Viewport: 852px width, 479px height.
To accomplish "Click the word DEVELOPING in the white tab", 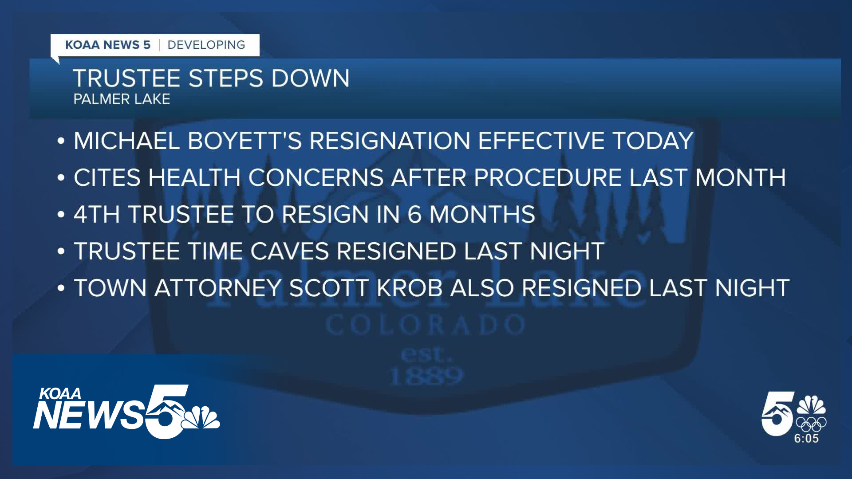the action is click(206, 45).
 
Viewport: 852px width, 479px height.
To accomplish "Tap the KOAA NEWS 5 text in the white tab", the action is click(108, 45).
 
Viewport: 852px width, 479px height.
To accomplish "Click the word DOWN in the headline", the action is click(310, 78).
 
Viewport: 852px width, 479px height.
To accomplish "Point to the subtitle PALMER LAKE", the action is click(122, 99).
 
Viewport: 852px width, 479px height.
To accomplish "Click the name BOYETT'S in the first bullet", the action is click(245, 141).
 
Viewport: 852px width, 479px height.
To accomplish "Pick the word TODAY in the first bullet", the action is click(652, 141).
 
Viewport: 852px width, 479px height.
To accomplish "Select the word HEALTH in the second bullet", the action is click(194, 178).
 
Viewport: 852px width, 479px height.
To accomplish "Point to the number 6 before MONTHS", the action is click(414, 215).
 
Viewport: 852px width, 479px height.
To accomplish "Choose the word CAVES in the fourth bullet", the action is click(289, 251).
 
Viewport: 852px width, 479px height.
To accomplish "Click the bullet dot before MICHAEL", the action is click(61, 141).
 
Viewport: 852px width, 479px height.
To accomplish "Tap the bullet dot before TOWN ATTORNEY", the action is click(61, 289).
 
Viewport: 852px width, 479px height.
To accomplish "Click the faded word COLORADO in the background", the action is click(426, 325).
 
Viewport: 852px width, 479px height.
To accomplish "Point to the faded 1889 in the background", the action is click(426, 377).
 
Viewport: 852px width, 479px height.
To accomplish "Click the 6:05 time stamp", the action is click(806, 439).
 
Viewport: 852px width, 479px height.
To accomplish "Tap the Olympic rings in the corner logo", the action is click(811, 424).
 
